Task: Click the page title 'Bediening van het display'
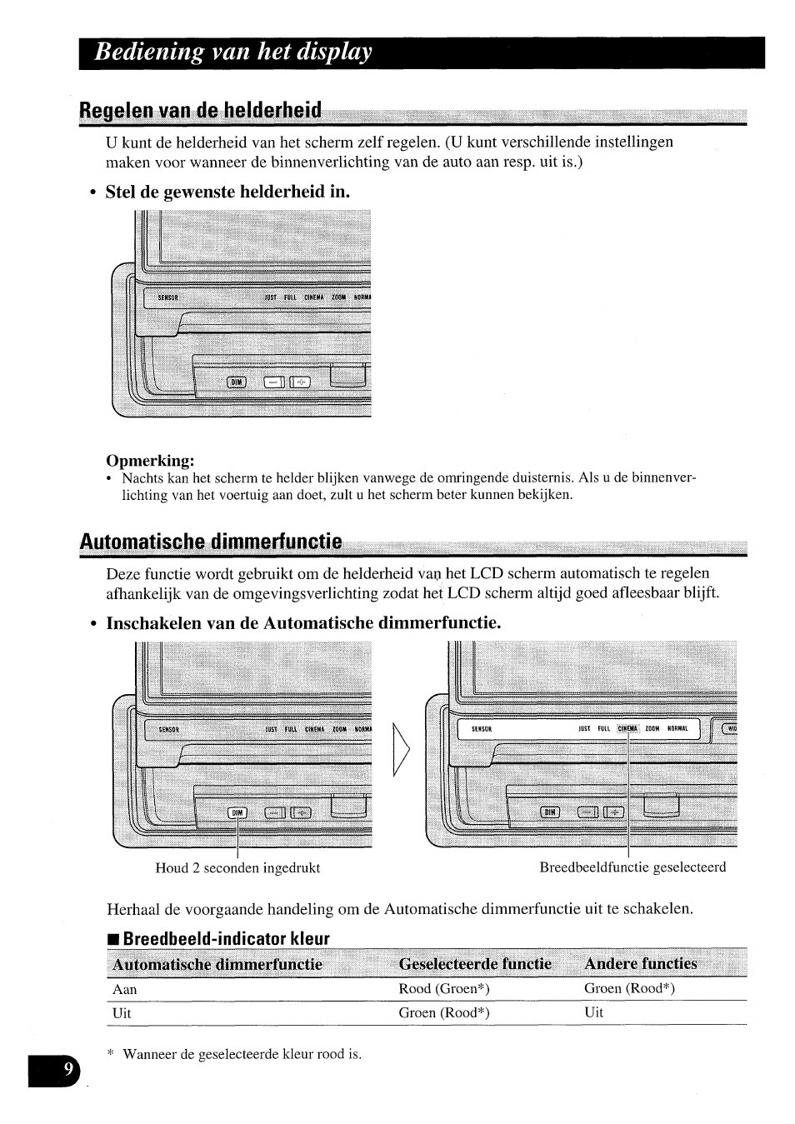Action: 232,52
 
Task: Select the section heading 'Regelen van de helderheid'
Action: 200,110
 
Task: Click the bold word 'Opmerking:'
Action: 150,460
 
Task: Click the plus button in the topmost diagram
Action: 300,382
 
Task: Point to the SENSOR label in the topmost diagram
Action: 168,297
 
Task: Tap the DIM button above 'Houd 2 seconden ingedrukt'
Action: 237,812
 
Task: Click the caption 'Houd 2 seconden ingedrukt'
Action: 237,867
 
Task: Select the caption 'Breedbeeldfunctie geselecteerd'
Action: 632,867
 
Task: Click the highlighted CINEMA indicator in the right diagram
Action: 627,728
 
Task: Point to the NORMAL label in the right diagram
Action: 677,728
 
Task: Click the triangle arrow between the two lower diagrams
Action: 402,749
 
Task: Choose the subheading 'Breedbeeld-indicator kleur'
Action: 226,939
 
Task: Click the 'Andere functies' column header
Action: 640,964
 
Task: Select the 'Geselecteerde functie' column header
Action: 475,964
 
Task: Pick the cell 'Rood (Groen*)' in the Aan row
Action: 443,989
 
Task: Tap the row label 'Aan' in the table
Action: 124,990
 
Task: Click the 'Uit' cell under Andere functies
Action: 593,1012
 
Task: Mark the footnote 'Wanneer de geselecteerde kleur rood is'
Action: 242,1054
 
